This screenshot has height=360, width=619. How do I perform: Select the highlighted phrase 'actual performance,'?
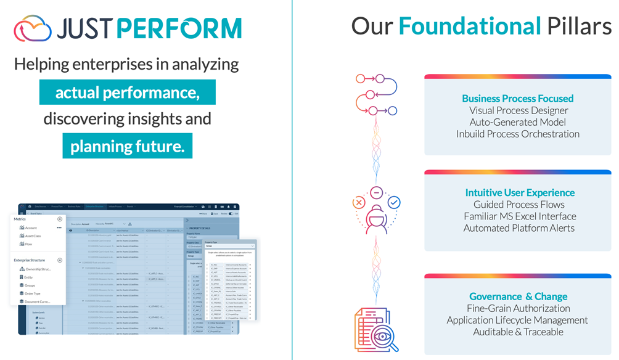pyautogui.click(x=128, y=92)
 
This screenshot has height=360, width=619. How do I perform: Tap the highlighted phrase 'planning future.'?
pyautogui.click(x=128, y=146)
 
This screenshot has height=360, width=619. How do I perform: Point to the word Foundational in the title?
pyautogui.click(x=470, y=26)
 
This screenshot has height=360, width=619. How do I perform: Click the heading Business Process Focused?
pyautogui.click(x=517, y=99)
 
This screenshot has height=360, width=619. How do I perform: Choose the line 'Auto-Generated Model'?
pyautogui.click(x=517, y=122)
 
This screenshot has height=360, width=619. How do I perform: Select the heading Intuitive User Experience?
pyautogui.click(x=520, y=192)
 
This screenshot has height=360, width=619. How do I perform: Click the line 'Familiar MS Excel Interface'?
pyautogui.click(x=520, y=216)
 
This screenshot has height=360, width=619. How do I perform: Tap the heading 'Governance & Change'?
pyautogui.click(x=517, y=297)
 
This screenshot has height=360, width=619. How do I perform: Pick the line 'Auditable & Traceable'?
pyautogui.click(x=518, y=332)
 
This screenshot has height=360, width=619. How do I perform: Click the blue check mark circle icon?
pyautogui.click(x=394, y=202)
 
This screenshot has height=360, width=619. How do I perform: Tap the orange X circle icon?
pyautogui.click(x=359, y=202)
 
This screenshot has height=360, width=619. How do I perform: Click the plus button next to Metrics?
pyautogui.click(x=60, y=219)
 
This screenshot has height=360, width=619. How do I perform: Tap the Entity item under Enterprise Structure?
pyautogui.click(x=28, y=277)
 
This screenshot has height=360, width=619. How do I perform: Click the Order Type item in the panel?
pyautogui.click(x=32, y=293)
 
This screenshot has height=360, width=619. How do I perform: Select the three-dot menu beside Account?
pyautogui.click(x=60, y=227)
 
